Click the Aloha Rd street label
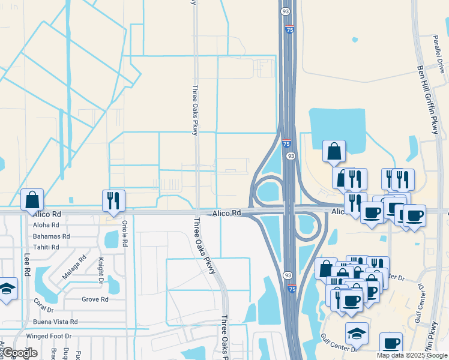click(x=47, y=225)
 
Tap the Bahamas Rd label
click(x=52, y=236)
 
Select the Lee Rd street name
click(x=27, y=264)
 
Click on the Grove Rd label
click(x=95, y=299)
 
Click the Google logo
click(x=20, y=353)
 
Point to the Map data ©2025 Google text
click(x=412, y=355)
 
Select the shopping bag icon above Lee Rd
click(x=32, y=199)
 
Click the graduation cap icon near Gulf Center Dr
click(x=357, y=332)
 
